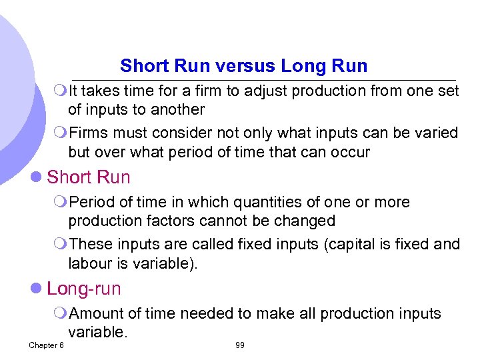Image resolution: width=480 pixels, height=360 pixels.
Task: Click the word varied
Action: pos(432,133)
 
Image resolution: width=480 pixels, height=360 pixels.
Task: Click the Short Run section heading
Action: pos(89,177)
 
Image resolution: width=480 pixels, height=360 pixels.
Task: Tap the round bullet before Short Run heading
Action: pos(37,178)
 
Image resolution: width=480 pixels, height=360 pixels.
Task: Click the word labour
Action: pos(91,263)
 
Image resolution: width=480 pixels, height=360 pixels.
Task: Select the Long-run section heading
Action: pos(84,289)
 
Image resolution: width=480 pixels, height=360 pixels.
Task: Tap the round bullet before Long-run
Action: pos(37,289)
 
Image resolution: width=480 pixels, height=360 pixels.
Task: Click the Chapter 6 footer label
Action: pos(46,345)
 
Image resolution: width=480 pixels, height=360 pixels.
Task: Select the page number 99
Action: pos(240,345)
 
